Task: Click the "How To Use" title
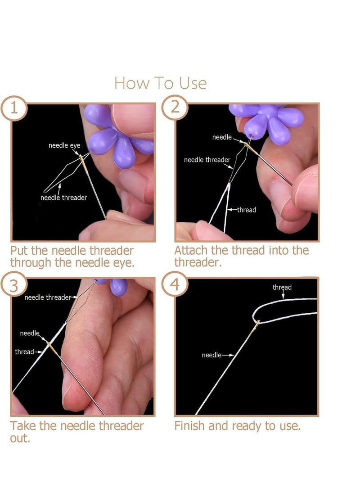(160, 83)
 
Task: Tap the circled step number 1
(14, 108)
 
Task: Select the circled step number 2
(175, 108)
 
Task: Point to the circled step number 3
(14, 286)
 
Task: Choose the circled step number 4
(175, 284)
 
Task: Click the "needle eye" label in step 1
(64, 146)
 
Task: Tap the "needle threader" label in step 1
(63, 198)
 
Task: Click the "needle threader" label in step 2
(207, 160)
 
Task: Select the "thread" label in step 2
(247, 210)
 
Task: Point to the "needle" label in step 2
(222, 137)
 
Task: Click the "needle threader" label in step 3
(48, 297)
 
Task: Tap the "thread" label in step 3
(24, 351)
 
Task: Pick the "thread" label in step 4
(282, 287)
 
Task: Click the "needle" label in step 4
(211, 355)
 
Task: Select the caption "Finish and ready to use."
(237, 426)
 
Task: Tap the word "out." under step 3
(20, 438)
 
